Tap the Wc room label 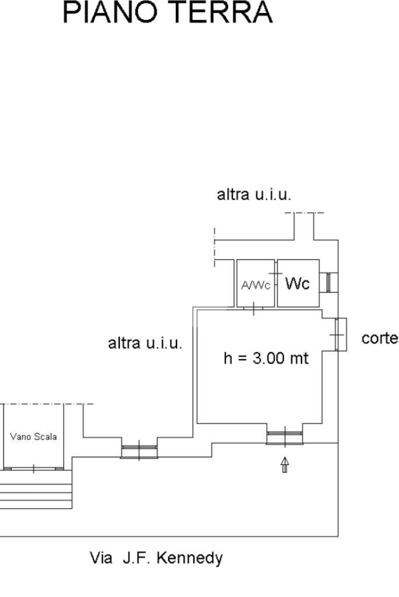(x=297, y=284)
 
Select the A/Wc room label (x=255, y=285)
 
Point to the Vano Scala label (x=33, y=437)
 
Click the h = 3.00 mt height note (x=266, y=358)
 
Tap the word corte (x=380, y=338)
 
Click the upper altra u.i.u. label (x=254, y=195)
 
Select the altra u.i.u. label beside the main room (x=145, y=343)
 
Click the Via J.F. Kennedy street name (x=156, y=558)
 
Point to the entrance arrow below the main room (x=285, y=465)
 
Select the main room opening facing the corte (x=341, y=334)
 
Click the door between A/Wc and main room (x=254, y=308)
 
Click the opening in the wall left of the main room (x=139, y=450)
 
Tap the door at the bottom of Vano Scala (x=33, y=468)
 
